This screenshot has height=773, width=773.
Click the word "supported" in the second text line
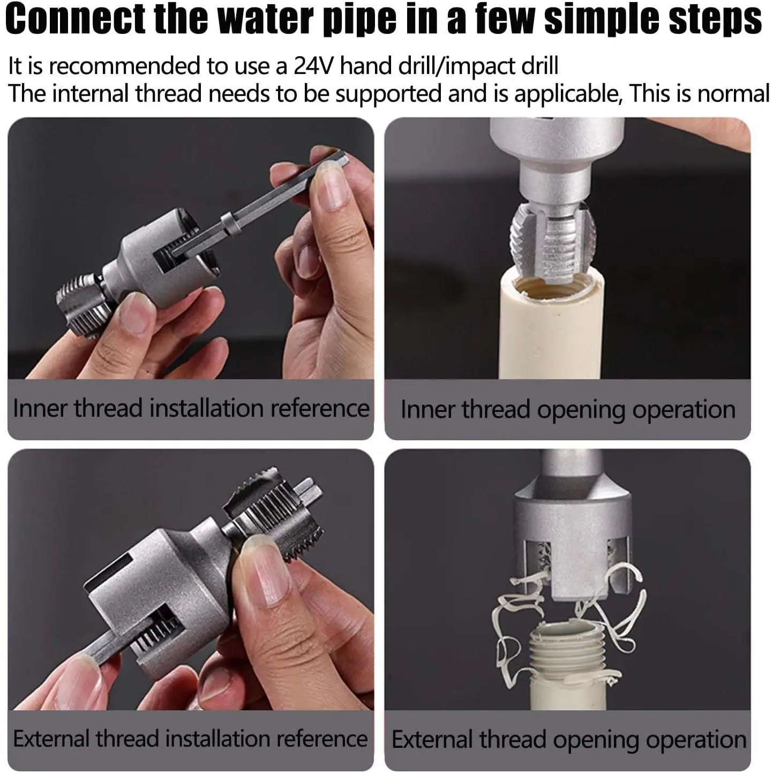click(388, 94)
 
